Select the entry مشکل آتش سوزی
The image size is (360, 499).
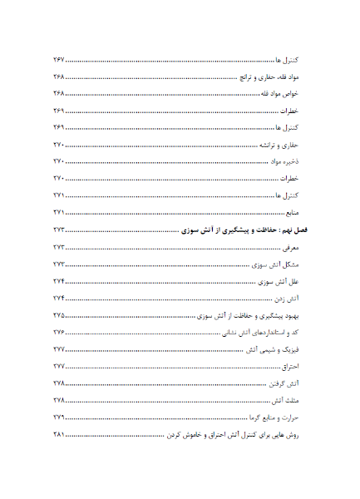pos(277,264)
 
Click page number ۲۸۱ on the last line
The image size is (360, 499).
pos(58,434)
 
